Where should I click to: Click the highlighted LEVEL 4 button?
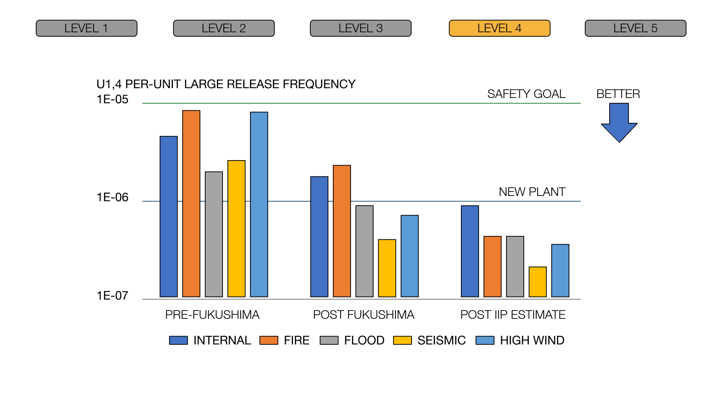pos(499,28)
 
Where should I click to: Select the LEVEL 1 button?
pos(86,28)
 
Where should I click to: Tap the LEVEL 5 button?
pos(635,28)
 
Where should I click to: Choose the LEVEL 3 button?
pos(360,28)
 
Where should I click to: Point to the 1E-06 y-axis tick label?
pos(112,197)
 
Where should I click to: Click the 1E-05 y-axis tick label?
pos(112,99)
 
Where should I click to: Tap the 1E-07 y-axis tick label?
pos(112,296)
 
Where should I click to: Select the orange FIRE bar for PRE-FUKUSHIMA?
pos(191,203)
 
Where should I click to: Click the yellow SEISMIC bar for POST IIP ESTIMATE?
pos(537,282)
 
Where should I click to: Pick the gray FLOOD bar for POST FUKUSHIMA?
pos(365,251)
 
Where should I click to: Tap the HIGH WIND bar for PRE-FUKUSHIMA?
pos(259,204)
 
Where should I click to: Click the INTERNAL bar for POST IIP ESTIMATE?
pos(470,251)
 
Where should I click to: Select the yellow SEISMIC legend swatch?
pos(402,340)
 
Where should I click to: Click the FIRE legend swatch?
pos(269,340)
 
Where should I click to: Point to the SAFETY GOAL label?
pos(526,94)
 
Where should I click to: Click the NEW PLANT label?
pos(532,192)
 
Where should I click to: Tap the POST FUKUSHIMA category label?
pos(363,315)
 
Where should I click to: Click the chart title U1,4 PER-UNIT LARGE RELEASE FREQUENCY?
pos(226,84)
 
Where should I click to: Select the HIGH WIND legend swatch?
pos(485,340)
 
